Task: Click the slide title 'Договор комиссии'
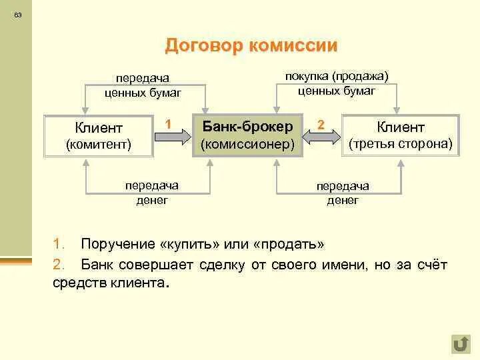click(251, 46)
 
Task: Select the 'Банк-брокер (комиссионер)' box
click(247, 135)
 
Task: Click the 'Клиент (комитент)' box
click(98, 135)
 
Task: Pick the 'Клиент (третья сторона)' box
click(401, 135)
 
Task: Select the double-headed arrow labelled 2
click(321, 137)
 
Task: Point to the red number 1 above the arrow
click(169, 123)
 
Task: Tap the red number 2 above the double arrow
click(321, 124)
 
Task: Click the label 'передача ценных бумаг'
click(143, 86)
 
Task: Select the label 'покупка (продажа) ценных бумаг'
click(337, 83)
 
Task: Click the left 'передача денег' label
click(152, 193)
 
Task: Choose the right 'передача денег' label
click(343, 193)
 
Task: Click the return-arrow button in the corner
click(460, 343)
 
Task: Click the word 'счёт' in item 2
click(431, 265)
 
